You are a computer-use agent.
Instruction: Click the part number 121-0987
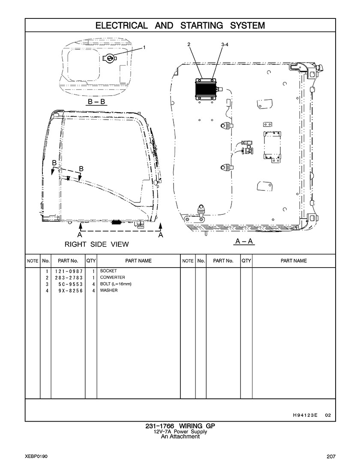(x=69, y=271)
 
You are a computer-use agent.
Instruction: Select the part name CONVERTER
(x=112, y=277)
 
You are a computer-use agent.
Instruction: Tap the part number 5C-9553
(x=71, y=284)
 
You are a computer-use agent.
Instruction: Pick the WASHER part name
(x=109, y=290)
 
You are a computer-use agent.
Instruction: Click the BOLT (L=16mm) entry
(x=116, y=284)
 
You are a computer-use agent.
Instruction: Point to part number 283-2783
(x=69, y=278)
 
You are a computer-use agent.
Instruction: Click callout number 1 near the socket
(x=144, y=47)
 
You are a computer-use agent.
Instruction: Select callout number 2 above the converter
(x=189, y=44)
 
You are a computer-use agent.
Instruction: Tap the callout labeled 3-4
(x=225, y=44)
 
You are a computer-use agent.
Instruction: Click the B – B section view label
(x=97, y=102)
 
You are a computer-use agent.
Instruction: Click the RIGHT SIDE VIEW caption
(x=97, y=244)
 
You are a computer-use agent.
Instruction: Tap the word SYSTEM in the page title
(x=247, y=25)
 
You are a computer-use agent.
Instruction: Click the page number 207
(x=331, y=456)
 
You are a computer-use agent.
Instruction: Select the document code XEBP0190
(x=36, y=456)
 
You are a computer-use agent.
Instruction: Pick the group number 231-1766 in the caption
(x=159, y=426)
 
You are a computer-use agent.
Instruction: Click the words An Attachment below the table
(x=180, y=437)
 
